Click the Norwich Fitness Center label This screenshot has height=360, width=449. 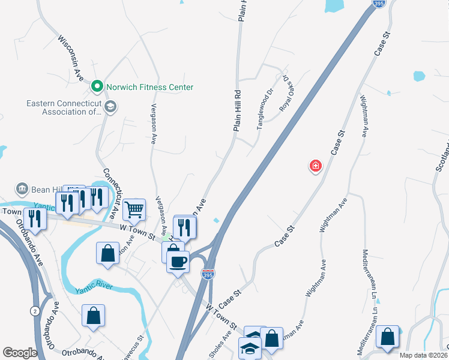point(149,87)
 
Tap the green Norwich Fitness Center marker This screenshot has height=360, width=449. point(97,87)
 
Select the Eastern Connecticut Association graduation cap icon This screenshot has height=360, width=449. point(110,107)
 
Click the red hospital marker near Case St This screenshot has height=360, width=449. point(315,166)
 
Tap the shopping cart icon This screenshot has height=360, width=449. point(134,209)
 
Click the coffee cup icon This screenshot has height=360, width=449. point(178,262)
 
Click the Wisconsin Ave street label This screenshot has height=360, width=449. point(70,58)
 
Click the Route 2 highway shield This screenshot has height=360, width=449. point(35,310)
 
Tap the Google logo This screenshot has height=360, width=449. point(20,353)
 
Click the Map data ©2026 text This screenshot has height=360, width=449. point(423,355)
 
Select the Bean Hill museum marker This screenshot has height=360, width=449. point(23,189)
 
